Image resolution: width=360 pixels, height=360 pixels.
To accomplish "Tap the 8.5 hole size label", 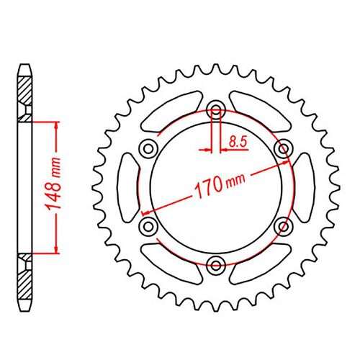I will pyautogui.click(x=235, y=143).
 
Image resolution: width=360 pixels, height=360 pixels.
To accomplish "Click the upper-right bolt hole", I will pyautogui.click(x=283, y=148).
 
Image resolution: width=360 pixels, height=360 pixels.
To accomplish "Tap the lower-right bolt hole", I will pyautogui.click(x=283, y=225).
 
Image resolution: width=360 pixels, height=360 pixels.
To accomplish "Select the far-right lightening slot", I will pyautogui.click(x=304, y=186).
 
